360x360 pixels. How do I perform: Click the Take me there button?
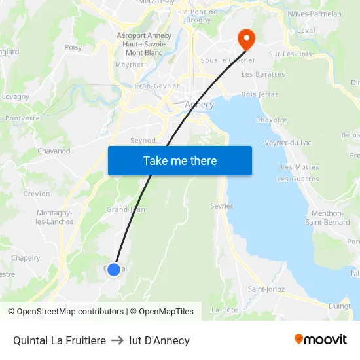pyautogui.click(x=180, y=161)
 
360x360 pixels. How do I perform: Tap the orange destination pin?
pyautogui.click(x=247, y=38)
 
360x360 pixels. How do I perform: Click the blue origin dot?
pyautogui.click(x=114, y=269)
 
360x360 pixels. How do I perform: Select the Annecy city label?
pyautogui.click(x=200, y=105)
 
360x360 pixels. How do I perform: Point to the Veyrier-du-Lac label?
pyautogui.click(x=287, y=143)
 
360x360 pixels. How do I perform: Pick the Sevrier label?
pyautogui.click(x=222, y=206)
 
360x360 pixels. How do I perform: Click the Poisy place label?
pyautogui.click(x=73, y=47)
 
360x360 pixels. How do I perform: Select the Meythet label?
pyautogui.click(x=129, y=65)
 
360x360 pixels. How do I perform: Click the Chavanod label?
pyautogui.click(x=54, y=151)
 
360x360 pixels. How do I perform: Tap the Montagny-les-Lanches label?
pyautogui.click(x=55, y=217)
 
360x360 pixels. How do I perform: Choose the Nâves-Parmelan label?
pyautogui.click(x=314, y=14)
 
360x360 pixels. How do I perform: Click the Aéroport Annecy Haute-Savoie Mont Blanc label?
pyautogui.click(x=143, y=44)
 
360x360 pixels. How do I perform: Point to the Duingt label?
pyautogui.click(x=339, y=305)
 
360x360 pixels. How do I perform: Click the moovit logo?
pyautogui.click(x=320, y=340)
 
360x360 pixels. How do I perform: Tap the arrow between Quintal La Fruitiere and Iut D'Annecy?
pyautogui.click(x=117, y=340)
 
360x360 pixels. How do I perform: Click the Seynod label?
pyautogui.click(x=143, y=140)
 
